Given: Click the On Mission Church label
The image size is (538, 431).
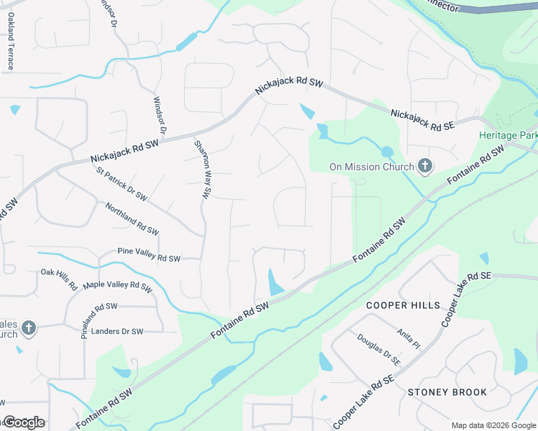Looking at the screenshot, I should click(x=371, y=167).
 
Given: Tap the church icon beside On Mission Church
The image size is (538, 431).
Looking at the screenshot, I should click(x=425, y=167).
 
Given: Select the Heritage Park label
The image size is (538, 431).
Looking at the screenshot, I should click(x=509, y=135).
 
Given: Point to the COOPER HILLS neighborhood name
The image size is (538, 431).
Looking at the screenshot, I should click(x=403, y=305).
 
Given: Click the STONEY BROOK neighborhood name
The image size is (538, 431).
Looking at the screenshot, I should click(x=447, y=392).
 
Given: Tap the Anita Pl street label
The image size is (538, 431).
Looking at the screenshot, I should click(x=408, y=334).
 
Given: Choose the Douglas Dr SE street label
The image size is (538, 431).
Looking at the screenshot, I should click(x=378, y=349).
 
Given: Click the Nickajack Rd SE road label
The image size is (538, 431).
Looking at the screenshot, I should click(x=423, y=120).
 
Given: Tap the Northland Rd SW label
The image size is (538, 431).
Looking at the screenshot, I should click(x=132, y=219).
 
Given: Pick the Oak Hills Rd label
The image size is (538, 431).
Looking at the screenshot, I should click(x=59, y=279).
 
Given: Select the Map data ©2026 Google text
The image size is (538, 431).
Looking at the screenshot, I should click(x=493, y=425).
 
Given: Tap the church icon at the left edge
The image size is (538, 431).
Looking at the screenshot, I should click(x=28, y=328).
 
